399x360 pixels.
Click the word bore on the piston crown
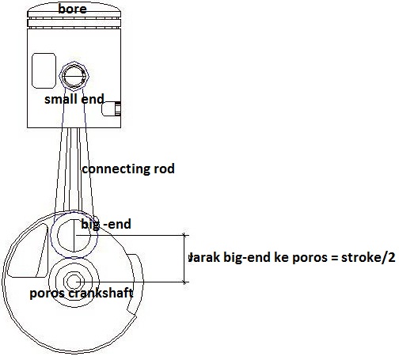[x=72, y=9]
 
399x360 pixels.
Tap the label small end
[x=74, y=100]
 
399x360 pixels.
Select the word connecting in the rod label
[x=116, y=169]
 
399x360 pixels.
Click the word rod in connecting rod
[x=164, y=169]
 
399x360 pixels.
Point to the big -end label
[x=106, y=225]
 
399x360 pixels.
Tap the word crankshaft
[x=101, y=293]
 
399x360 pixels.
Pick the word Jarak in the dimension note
[x=204, y=257]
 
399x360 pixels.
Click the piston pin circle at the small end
[x=74, y=76]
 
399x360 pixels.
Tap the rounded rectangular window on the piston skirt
[x=44, y=70]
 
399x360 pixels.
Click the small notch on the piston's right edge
[x=112, y=108]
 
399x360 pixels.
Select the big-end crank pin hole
[x=74, y=235]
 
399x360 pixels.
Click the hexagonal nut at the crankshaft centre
[x=74, y=282]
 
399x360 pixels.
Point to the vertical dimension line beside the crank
[x=184, y=259]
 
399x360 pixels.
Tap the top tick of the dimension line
[x=184, y=235]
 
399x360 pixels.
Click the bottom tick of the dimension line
[x=184, y=282]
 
